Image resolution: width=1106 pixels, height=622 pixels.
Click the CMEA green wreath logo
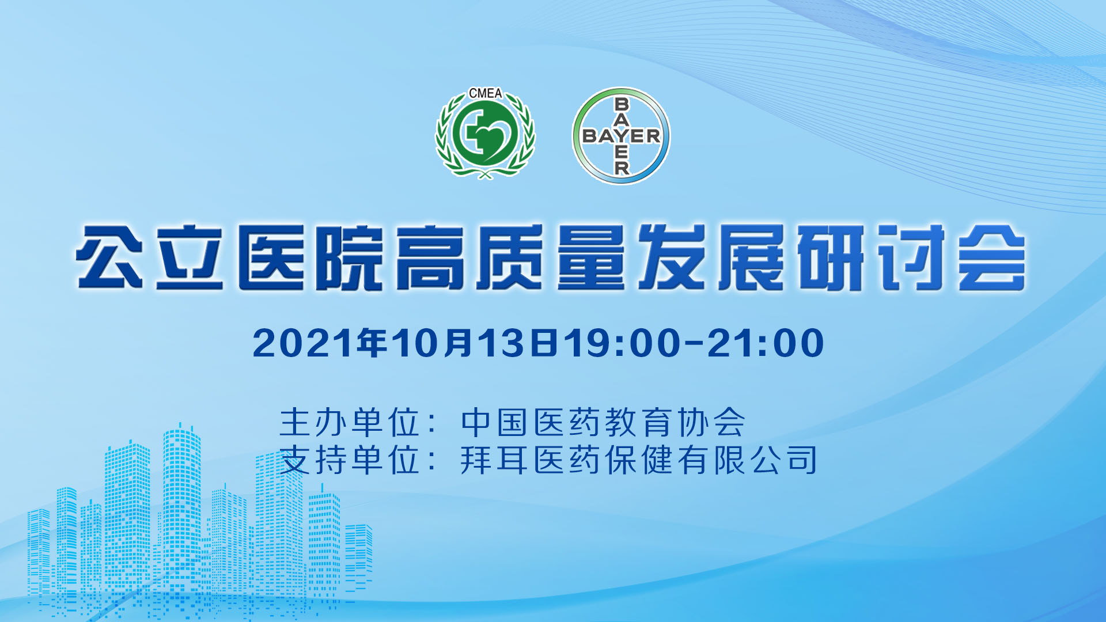click(485, 134)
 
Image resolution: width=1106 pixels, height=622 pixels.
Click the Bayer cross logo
click(621, 136)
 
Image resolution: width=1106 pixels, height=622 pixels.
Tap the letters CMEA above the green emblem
click(485, 93)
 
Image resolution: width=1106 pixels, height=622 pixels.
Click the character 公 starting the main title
click(109, 257)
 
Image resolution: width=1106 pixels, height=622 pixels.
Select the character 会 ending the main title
click(991, 257)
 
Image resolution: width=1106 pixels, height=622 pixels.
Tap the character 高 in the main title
click(430, 257)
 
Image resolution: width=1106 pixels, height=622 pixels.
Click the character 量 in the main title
click(590, 257)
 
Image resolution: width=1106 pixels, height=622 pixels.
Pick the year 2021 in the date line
click(304, 343)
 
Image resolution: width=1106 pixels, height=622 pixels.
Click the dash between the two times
click(694, 344)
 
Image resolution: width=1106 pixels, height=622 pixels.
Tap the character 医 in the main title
click(270, 257)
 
